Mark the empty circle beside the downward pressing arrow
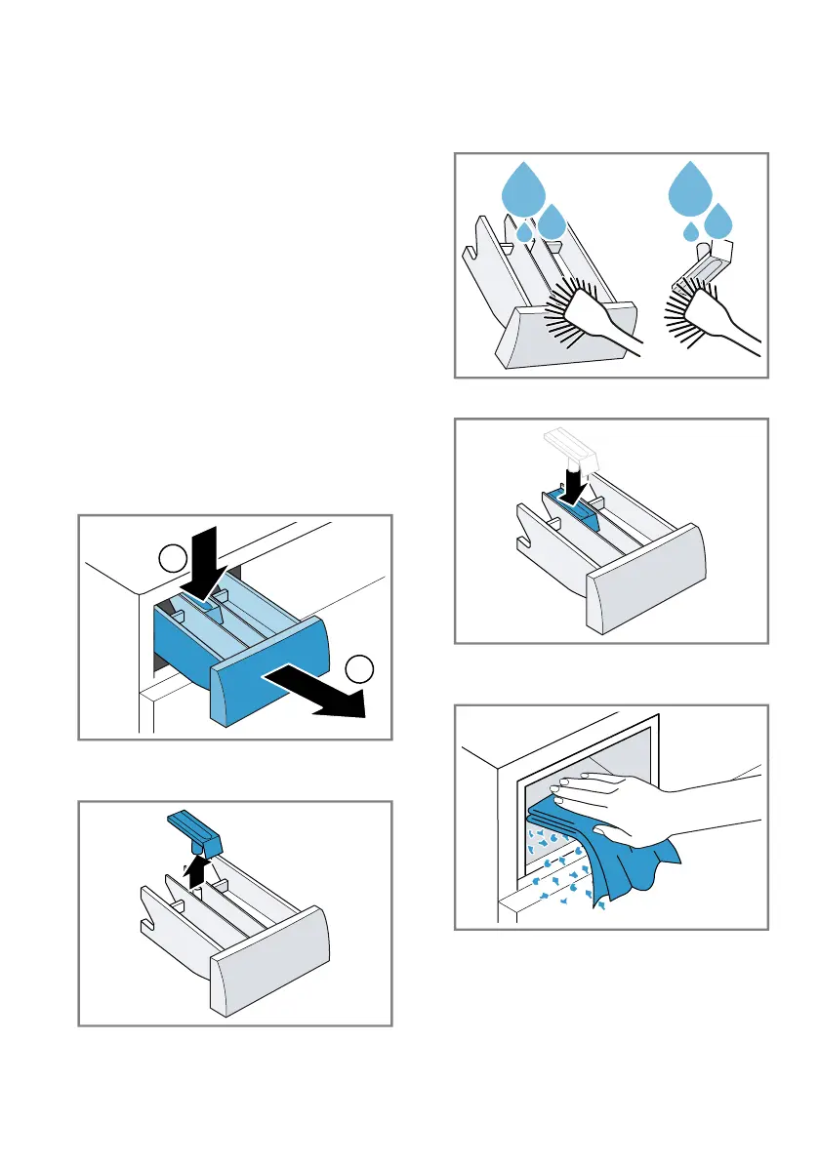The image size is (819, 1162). click(171, 560)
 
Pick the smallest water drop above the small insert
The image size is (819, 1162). click(691, 232)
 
